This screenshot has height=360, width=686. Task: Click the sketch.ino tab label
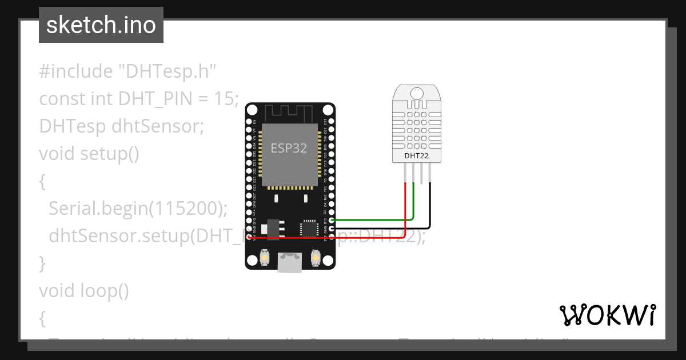pos(101,25)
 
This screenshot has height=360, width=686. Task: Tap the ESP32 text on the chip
pos(289,149)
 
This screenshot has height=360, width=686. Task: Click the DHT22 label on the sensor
pos(417,155)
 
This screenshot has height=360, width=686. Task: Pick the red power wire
pos(343,237)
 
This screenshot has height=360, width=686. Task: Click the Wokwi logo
pos(607,315)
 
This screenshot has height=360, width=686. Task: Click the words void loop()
pos(84,291)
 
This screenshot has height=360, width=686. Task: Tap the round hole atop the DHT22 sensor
pos(417,93)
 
